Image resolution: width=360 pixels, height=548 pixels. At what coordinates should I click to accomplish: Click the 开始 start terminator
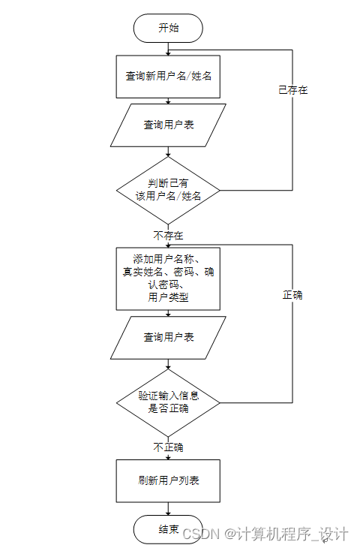[168, 29]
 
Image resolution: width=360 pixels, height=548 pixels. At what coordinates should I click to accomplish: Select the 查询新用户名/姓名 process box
[168, 77]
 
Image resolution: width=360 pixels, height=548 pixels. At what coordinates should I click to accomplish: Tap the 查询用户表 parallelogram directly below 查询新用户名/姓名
[168, 125]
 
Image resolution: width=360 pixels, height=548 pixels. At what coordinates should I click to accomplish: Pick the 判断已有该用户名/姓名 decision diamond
[168, 189]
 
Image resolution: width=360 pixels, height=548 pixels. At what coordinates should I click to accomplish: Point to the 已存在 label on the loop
[292, 89]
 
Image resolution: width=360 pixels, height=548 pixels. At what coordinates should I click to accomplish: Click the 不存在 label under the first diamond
[168, 236]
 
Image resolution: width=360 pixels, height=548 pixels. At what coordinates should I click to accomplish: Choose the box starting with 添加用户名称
[168, 278]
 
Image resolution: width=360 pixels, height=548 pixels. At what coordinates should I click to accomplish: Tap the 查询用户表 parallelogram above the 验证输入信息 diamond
[168, 337]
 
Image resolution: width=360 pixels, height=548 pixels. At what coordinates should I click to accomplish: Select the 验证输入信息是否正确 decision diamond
[168, 402]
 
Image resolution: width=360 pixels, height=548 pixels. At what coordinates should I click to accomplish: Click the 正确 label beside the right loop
[292, 295]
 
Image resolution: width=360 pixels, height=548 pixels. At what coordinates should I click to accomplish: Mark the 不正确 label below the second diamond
[168, 447]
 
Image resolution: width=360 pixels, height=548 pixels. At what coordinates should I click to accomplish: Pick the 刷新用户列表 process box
[168, 480]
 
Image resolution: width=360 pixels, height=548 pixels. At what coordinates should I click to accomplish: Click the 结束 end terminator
[168, 529]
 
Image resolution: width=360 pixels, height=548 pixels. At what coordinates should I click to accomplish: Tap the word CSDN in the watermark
[199, 534]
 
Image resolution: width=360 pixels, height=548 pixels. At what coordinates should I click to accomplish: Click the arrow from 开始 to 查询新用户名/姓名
[168, 49]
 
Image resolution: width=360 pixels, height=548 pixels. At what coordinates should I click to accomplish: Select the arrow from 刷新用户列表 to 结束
[168, 509]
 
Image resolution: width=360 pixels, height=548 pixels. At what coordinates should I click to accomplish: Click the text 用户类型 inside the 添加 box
[168, 298]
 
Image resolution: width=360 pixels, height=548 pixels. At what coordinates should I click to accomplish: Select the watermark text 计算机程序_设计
[292, 534]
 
